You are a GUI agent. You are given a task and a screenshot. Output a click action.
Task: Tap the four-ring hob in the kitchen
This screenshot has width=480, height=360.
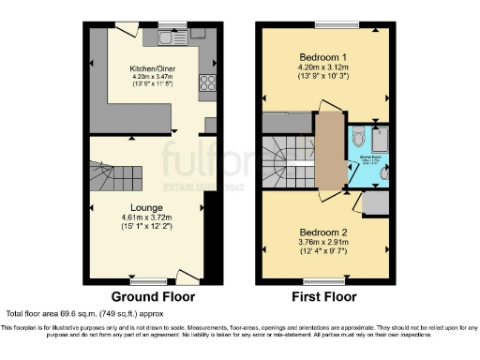[207, 82]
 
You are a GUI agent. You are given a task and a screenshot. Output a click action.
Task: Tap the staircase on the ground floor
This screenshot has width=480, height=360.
[109, 177]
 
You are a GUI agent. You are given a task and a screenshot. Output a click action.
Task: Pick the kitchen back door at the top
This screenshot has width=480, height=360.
[123, 28]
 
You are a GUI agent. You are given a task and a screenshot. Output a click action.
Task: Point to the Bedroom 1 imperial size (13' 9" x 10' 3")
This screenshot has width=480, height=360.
[322, 75]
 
